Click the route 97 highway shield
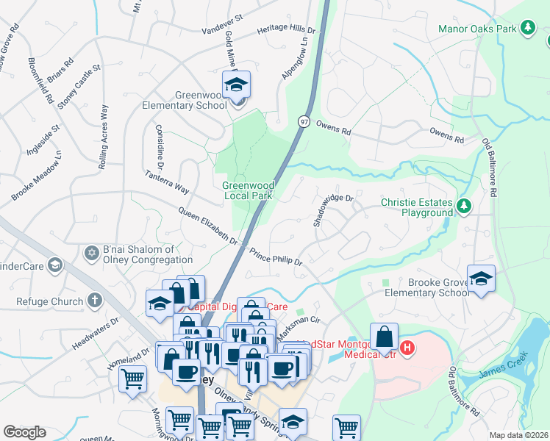pyautogui.click(x=304, y=120)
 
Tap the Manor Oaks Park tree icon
pyautogui.click(x=527, y=29)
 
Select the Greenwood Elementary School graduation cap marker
pyautogui.click(x=237, y=87)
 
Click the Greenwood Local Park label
pyautogui.click(x=248, y=191)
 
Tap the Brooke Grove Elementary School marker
pyautogui.click(x=481, y=280)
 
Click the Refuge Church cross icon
pyautogui.click(x=94, y=300)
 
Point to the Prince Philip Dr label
pyautogui.click(x=276, y=257)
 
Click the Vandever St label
pyautogui.click(x=222, y=23)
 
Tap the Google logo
pyautogui.click(x=24, y=432)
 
